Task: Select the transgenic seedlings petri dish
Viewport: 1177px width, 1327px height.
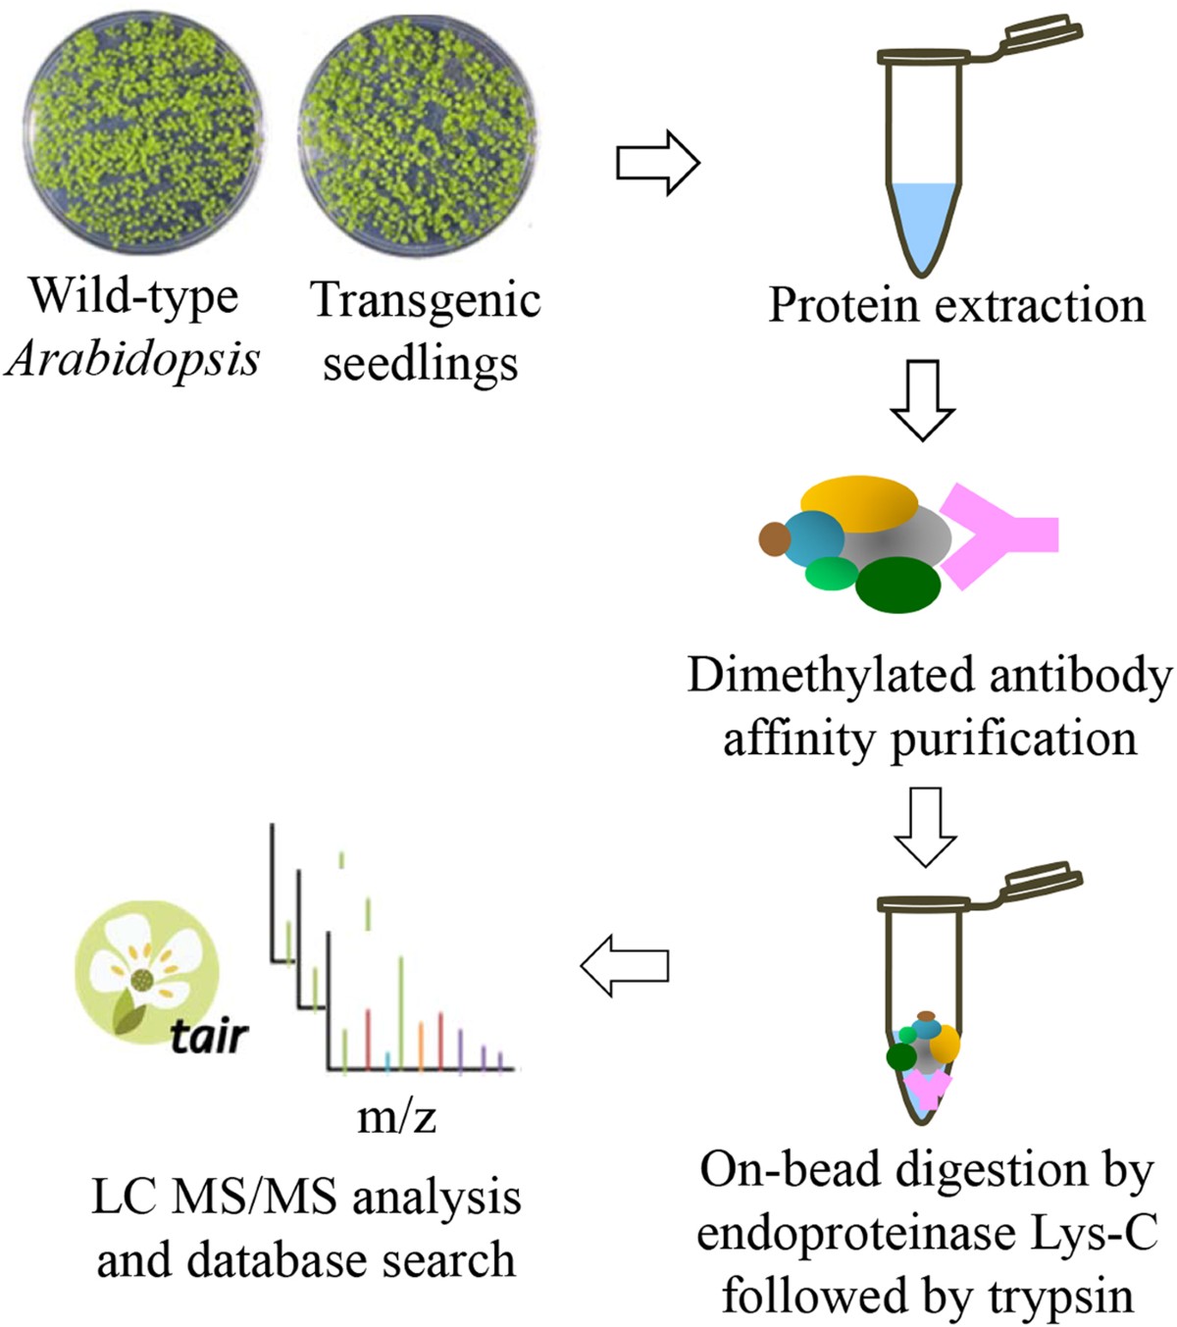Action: pos(419,140)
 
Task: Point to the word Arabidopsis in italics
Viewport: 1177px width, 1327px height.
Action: pos(132,360)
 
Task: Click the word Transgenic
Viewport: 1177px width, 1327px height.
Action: pos(426,300)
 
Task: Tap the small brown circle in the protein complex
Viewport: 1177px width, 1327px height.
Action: pos(774,538)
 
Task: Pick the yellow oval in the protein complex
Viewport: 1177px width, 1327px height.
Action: pos(859,503)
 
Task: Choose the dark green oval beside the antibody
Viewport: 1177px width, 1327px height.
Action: pos(898,585)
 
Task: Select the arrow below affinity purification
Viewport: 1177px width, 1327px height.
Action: pos(924,825)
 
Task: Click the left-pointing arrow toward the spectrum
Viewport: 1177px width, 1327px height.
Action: pos(625,966)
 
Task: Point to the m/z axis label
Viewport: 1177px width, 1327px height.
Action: pos(396,1117)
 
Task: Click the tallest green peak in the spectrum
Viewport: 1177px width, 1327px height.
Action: pos(401,1010)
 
